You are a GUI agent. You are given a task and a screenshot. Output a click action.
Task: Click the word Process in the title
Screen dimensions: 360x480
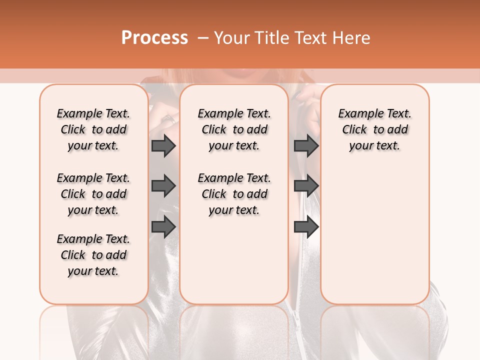pyautogui.click(x=154, y=38)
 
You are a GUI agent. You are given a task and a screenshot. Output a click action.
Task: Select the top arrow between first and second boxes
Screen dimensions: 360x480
pyautogui.click(x=163, y=146)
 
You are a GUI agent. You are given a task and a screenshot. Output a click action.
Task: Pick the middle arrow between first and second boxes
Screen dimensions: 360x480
pyautogui.click(x=163, y=186)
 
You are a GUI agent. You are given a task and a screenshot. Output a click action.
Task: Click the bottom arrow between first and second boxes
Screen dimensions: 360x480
pyautogui.click(x=163, y=227)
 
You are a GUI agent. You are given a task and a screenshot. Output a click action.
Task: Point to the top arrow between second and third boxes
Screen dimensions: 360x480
pyautogui.click(x=306, y=146)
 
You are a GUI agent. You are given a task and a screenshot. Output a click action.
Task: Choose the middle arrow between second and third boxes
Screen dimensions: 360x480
pyautogui.click(x=306, y=186)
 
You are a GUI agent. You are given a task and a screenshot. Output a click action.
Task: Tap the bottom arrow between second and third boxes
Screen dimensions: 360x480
pyautogui.click(x=306, y=227)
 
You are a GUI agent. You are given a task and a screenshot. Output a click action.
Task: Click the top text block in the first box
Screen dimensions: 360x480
pyautogui.click(x=93, y=129)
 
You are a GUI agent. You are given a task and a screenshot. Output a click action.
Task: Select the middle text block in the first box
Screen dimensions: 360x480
pyautogui.click(x=93, y=194)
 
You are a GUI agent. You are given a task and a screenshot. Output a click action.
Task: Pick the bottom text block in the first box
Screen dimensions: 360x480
pyautogui.click(x=93, y=255)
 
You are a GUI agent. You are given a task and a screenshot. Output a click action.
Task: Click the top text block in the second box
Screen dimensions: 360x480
pyautogui.click(x=234, y=129)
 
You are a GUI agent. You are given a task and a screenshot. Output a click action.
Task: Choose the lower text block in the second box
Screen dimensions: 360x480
pyautogui.click(x=234, y=194)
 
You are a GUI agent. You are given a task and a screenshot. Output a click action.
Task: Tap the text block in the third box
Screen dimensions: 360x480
pyautogui.click(x=374, y=129)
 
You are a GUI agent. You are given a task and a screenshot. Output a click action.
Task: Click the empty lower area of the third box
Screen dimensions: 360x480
pyautogui.click(x=374, y=230)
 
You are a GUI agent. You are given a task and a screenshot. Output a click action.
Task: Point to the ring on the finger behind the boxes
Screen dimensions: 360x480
pyautogui.click(x=169, y=118)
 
